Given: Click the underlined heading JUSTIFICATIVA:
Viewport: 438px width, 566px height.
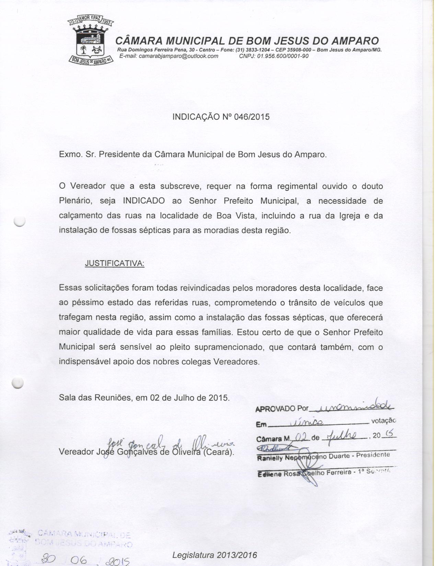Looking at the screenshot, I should coord(114,263).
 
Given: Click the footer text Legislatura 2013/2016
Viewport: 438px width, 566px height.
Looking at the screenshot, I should coord(215,555).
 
